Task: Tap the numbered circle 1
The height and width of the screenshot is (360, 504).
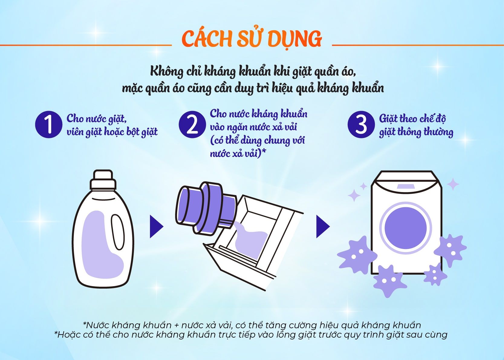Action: point(49,124)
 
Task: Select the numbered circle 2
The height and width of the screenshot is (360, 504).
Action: point(192,124)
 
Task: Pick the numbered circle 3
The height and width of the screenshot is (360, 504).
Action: point(361,124)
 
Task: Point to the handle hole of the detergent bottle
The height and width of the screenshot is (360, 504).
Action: point(118,232)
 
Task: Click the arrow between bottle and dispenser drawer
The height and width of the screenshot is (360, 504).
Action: point(157,227)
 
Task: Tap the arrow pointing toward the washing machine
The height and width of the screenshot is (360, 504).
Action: point(323,227)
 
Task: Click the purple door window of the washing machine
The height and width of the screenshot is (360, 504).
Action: point(405,228)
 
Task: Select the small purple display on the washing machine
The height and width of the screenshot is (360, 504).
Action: point(405,186)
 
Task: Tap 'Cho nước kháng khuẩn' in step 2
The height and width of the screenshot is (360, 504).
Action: point(259,114)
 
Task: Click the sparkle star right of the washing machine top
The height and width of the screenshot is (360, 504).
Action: point(453,184)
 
